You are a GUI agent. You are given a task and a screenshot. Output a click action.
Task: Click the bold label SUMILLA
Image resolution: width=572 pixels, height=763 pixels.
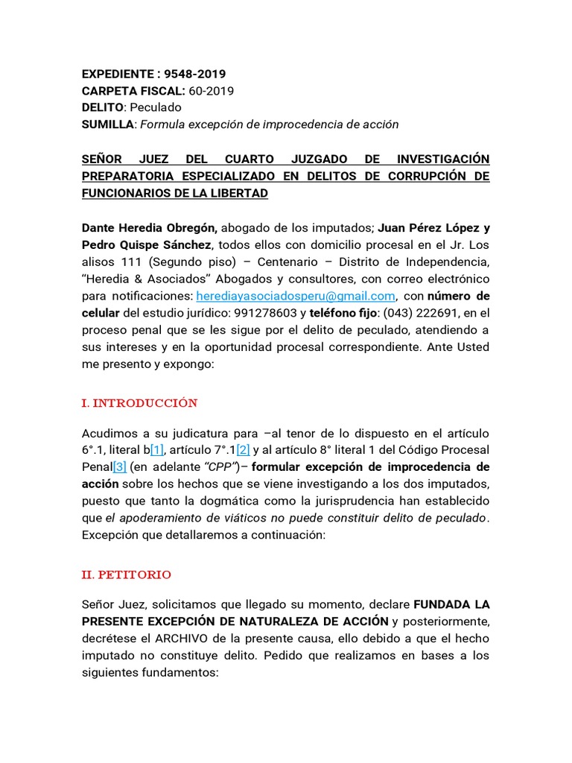pos(108,124)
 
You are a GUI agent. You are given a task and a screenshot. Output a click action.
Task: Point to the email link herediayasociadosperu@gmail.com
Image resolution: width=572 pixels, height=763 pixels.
pos(295,295)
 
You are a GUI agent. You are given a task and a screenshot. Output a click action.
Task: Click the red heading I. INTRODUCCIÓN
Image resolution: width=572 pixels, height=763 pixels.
pos(139,403)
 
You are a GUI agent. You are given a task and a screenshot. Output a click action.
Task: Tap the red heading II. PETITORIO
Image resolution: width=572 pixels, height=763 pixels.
pos(126,574)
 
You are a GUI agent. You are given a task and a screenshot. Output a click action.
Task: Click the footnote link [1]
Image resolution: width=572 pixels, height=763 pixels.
pos(156,449)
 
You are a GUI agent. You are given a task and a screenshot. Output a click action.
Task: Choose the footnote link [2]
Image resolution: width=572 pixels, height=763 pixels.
pos(243,449)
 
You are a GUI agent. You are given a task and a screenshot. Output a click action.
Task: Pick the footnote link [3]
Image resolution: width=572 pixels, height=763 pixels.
pos(119,466)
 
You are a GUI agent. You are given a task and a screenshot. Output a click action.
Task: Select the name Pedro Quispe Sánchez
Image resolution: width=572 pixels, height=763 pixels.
pos(147,244)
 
